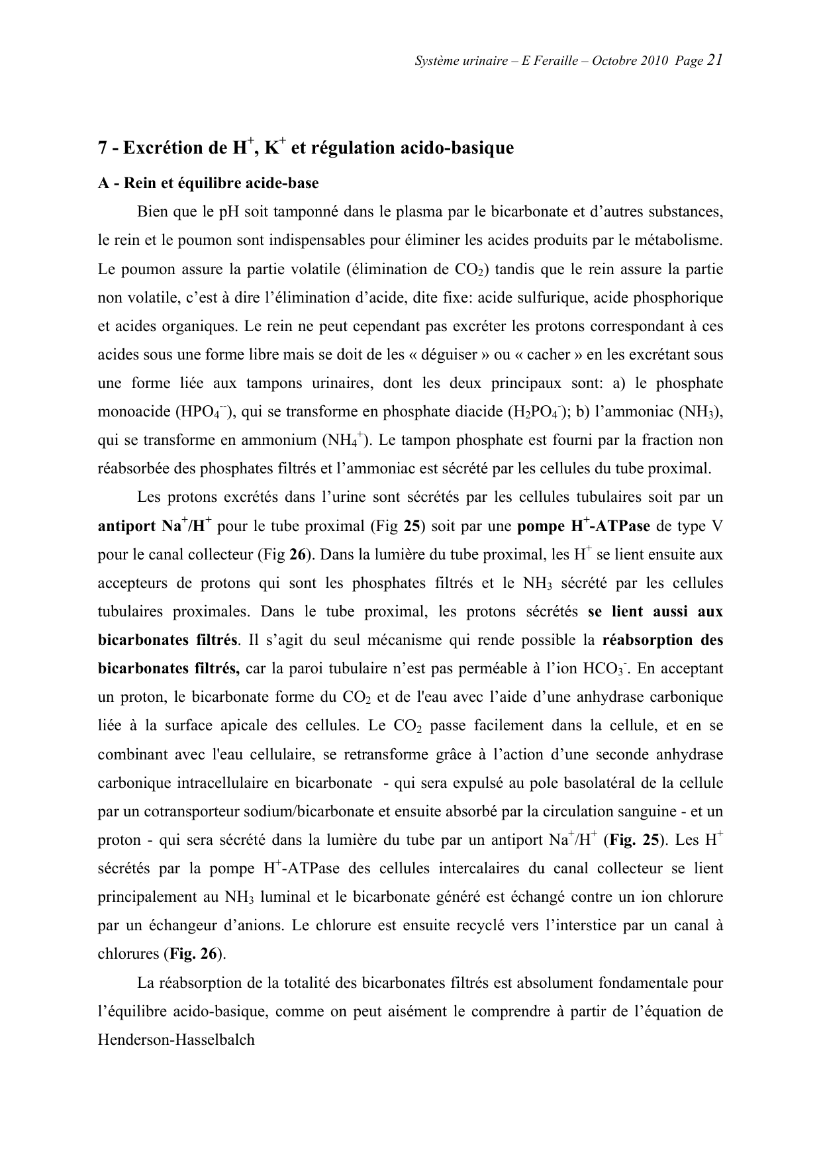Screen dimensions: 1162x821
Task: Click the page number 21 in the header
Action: [714, 60]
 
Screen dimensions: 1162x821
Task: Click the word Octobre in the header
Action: [615, 61]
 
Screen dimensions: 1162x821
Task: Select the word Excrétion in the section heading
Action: [158, 148]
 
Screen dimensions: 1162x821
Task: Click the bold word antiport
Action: [126, 527]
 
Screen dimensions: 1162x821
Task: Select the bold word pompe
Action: [540, 527]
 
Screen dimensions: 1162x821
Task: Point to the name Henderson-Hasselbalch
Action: [176, 1040]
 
